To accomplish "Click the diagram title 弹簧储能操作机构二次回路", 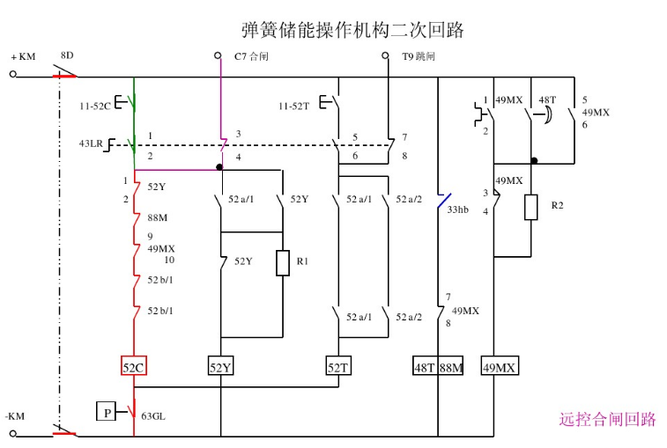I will pos(352,30).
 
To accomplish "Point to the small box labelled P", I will pos(106,410).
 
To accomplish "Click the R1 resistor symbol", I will pos(282,263).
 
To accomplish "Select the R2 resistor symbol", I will pos(531,207).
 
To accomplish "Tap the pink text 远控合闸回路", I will pos(607,419).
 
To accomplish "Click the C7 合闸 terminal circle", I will pos(219,55).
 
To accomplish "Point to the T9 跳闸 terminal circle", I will pos(385,55).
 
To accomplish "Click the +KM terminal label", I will pos(23,57).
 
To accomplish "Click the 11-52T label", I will pos(293,106).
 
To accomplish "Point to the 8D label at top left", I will pos(66,55).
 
